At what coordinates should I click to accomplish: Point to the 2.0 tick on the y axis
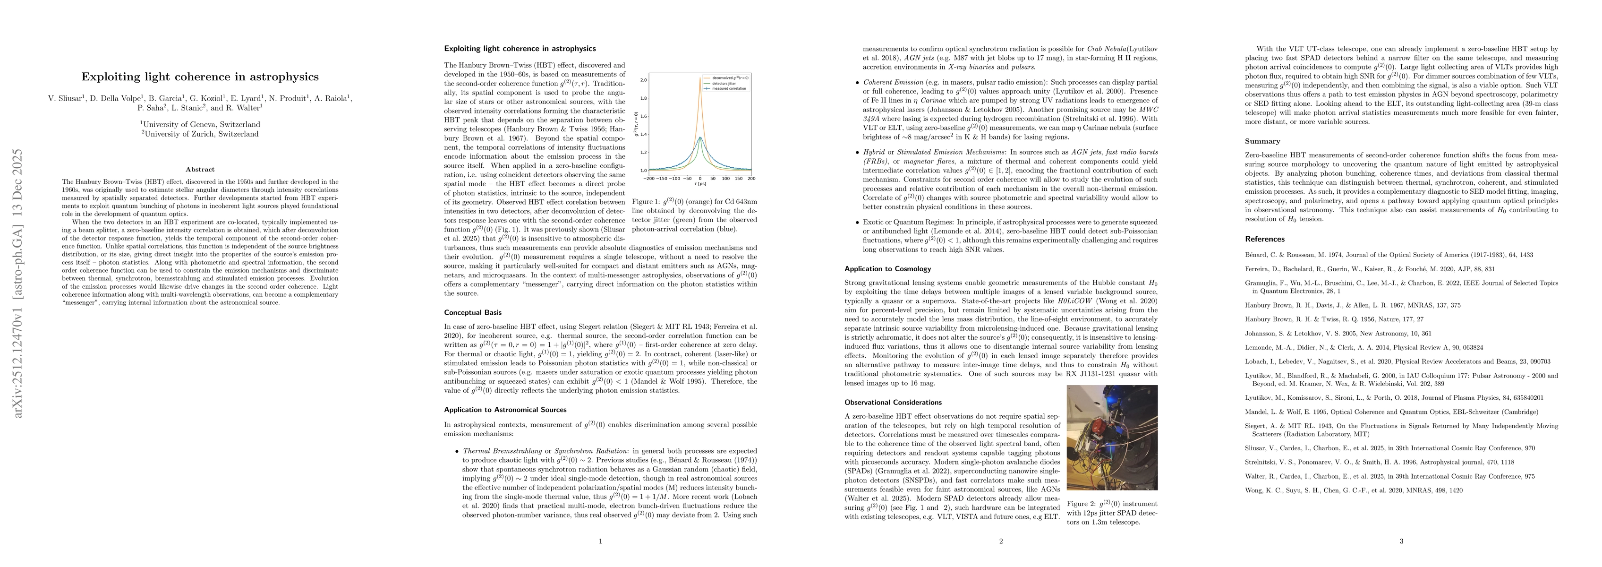pyautogui.click(x=643, y=80)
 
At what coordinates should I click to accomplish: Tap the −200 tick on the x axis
pyautogui.click(x=650, y=179)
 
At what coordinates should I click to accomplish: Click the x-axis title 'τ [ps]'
pyautogui.click(x=700, y=185)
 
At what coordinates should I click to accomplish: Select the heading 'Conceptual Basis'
pyautogui.click(x=473, y=312)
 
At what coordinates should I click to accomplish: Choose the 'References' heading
pyautogui.click(x=1264, y=239)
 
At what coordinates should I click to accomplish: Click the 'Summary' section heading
pyautogui.click(x=1262, y=141)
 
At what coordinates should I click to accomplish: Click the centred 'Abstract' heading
pyautogui.click(x=200, y=169)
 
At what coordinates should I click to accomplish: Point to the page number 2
pyautogui.click(x=1001, y=541)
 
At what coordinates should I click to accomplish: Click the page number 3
pyautogui.click(x=1401, y=541)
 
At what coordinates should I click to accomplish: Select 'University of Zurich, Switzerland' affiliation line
pyautogui.click(x=200, y=134)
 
